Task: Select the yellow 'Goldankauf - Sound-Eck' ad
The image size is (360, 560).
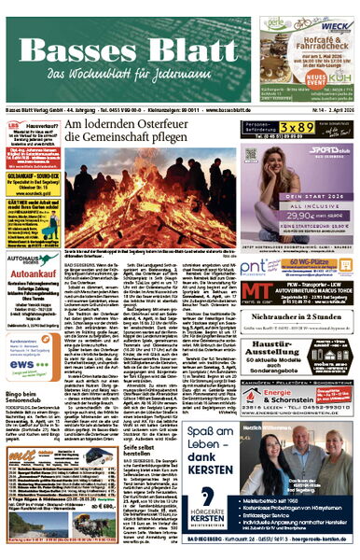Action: pyautogui.click(x=28, y=181)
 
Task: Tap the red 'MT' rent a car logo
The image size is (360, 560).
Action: pyautogui.click(x=257, y=293)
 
